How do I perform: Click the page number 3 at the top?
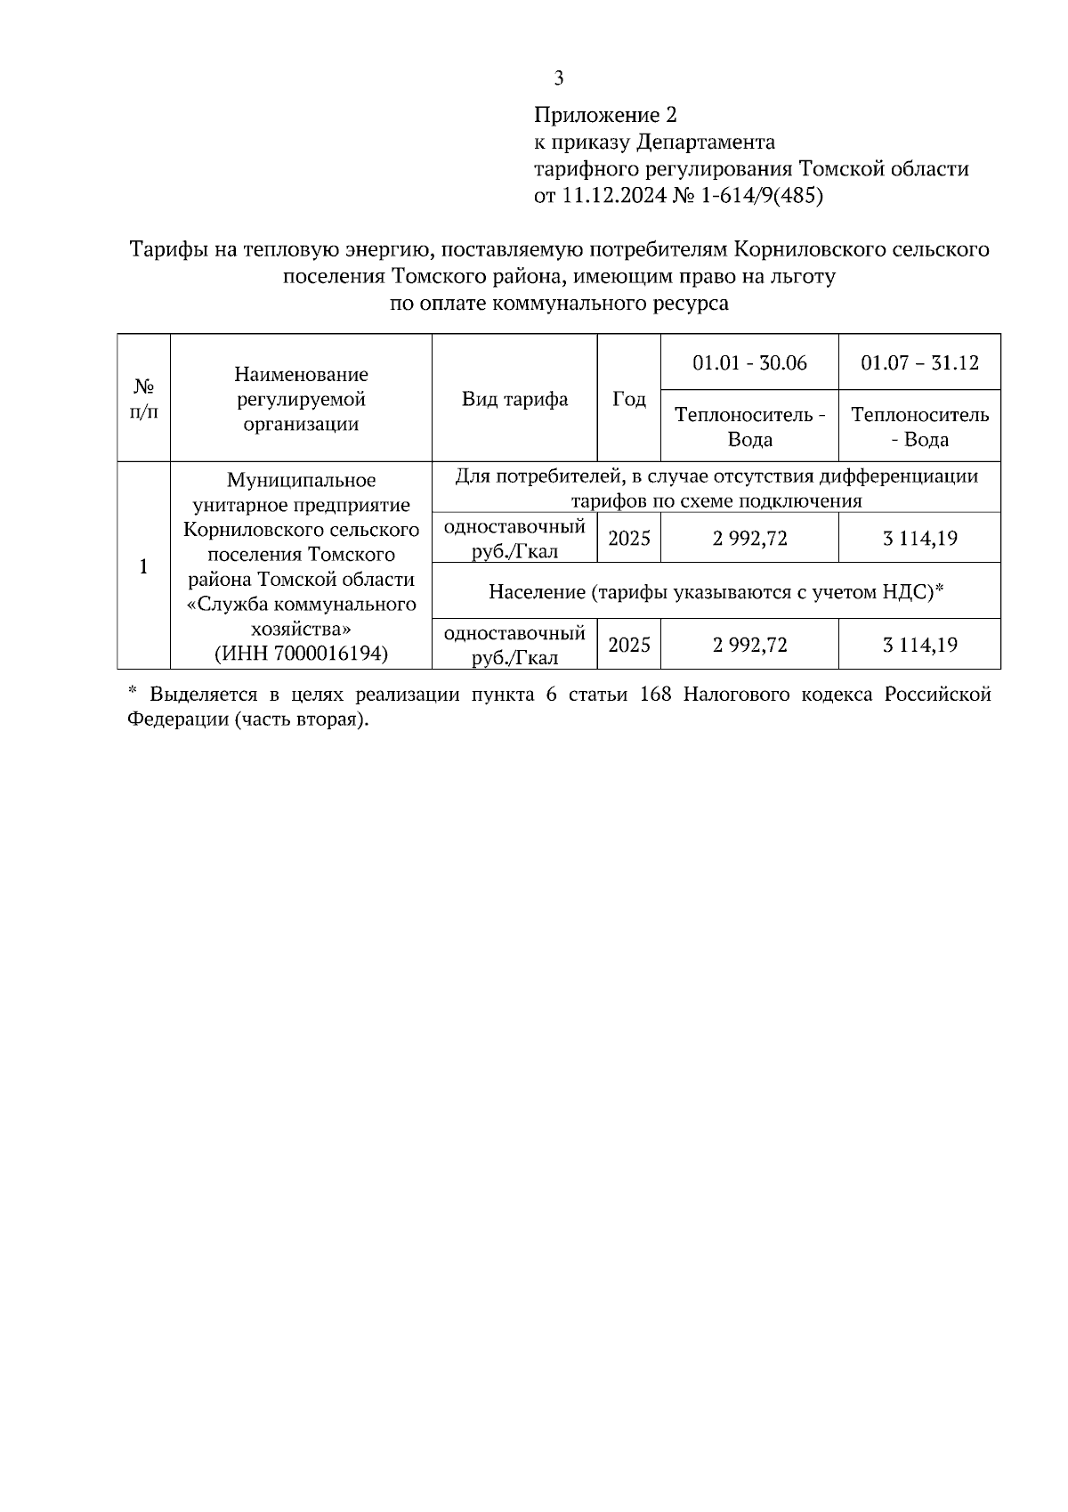click(559, 79)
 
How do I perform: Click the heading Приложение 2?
click(605, 115)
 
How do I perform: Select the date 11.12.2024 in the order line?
click(611, 196)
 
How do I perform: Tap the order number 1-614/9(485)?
click(762, 196)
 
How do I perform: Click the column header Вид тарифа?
click(514, 399)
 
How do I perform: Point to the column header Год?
click(629, 399)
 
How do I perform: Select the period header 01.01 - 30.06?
click(749, 363)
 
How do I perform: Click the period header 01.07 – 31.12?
click(919, 363)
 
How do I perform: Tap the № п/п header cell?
click(144, 399)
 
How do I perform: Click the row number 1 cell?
click(144, 566)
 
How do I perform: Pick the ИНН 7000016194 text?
click(301, 654)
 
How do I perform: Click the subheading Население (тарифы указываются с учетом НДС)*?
click(716, 591)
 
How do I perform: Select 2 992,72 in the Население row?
click(749, 645)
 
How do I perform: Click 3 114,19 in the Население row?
click(919, 645)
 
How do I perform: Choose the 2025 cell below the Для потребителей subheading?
click(629, 539)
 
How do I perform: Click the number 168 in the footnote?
click(655, 695)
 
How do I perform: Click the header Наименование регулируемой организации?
click(301, 399)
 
